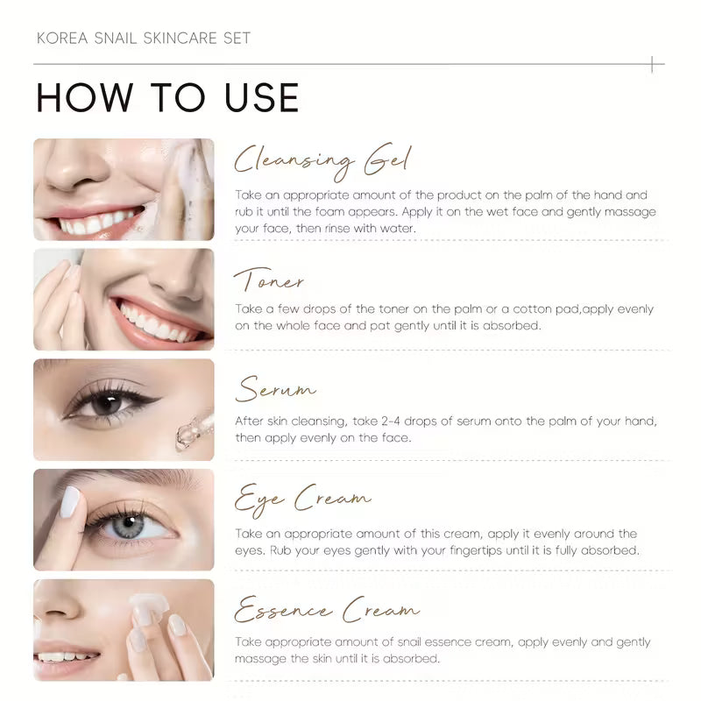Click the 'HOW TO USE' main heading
[167, 97]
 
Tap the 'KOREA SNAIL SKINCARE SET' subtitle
[144, 38]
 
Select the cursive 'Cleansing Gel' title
[322, 162]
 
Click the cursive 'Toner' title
[269, 280]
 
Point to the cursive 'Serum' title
[275, 389]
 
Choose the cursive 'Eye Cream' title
[302, 499]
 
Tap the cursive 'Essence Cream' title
[327, 609]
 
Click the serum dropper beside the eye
[194, 428]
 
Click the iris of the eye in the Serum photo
[106, 405]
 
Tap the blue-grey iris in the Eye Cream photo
[128, 526]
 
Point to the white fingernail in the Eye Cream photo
[70, 502]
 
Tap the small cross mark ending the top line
[652, 64]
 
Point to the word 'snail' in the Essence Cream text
[409, 642]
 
